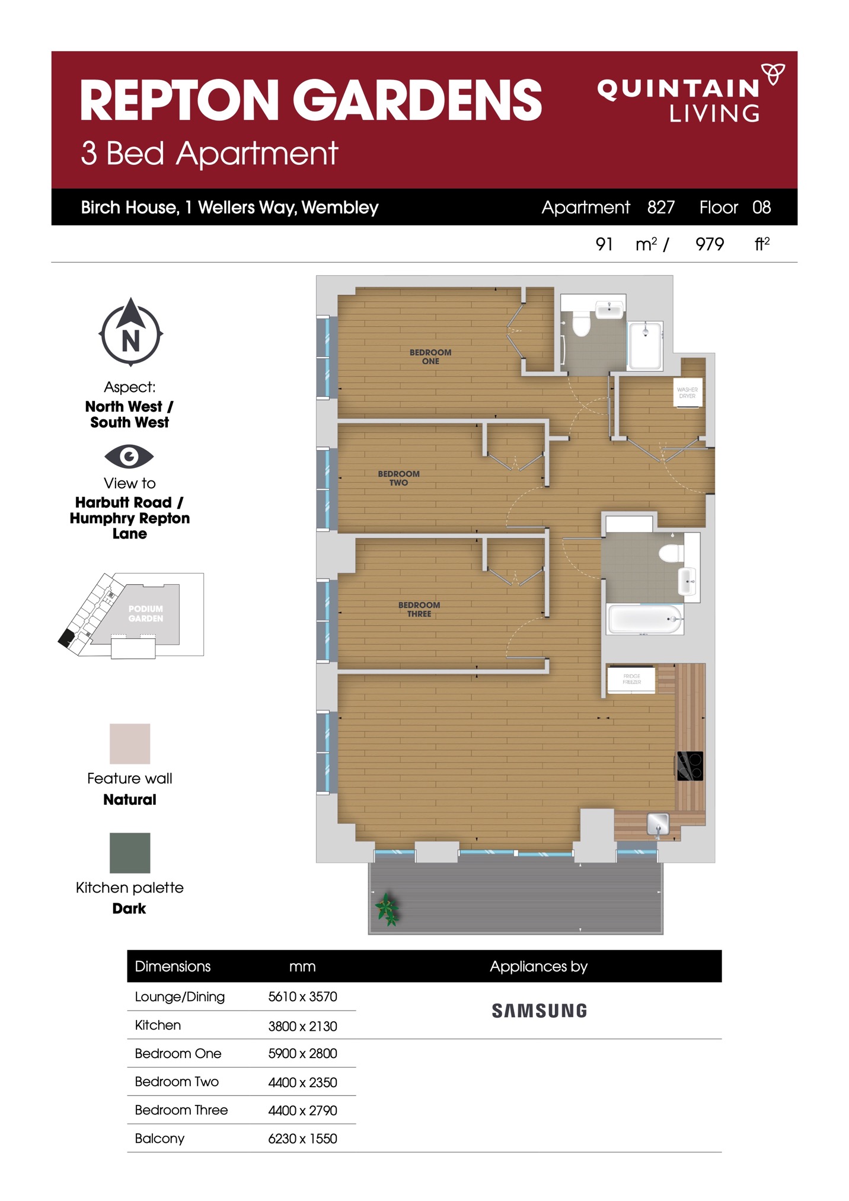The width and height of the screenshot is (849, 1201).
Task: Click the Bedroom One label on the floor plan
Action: point(430,356)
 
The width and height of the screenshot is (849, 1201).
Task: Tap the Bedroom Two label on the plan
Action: point(398,478)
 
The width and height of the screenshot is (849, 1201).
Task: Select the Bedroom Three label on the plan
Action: point(419,609)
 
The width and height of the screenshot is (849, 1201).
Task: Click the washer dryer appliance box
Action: point(688,393)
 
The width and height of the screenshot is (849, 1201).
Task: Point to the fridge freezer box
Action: point(631,679)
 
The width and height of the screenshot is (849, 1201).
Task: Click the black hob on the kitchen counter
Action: point(690,766)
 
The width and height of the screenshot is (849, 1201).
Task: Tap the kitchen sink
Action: point(658,823)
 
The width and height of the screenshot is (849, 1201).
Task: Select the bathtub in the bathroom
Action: point(645,619)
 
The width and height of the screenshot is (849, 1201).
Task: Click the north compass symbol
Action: point(130,333)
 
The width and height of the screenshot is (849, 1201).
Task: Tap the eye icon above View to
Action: point(129,456)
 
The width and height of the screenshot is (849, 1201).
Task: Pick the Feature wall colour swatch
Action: point(130,744)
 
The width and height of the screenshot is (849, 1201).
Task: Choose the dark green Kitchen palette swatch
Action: point(130,853)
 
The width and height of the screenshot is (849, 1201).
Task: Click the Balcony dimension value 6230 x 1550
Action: point(302,1138)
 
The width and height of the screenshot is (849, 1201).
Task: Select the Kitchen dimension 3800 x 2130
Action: point(302,1025)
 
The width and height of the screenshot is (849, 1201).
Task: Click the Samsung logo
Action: point(540,1011)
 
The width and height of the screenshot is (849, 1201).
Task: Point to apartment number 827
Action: point(661,207)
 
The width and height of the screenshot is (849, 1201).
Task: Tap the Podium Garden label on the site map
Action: point(146,613)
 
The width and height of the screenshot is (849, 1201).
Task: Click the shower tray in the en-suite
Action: point(645,346)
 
